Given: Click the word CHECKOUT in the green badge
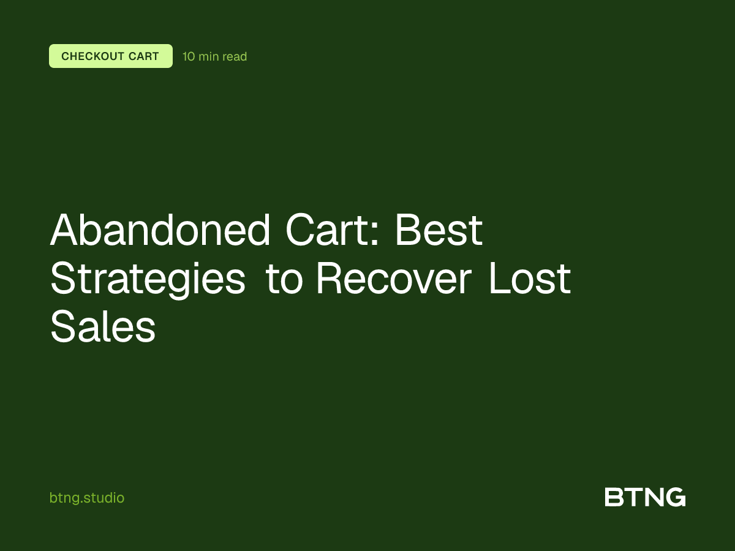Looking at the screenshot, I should [x=92, y=57].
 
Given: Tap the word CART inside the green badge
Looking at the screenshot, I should [x=143, y=57].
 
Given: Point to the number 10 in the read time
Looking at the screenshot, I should [x=189, y=57].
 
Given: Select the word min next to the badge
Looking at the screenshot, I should [x=209, y=57].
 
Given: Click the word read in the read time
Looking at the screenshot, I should [x=235, y=57].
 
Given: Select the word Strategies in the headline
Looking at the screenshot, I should [x=148, y=279].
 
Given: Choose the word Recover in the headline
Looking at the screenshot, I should [x=394, y=279].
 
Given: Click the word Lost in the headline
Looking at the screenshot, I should [x=530, y=279].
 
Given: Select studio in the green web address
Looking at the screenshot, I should [x=105, y=498].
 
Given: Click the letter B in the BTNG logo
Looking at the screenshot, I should [x=614, y=497].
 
